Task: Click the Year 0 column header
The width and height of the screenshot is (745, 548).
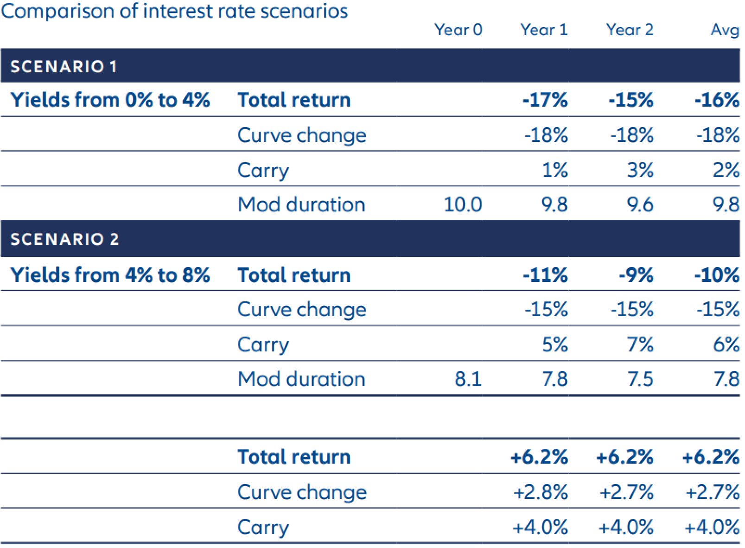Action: pyautogui.click(x=458, y=30)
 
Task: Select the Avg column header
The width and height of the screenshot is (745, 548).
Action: pyautogui.click(x=725, y=30)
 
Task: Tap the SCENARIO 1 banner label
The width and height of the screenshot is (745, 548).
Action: pyautogui.click(x=64, y=67)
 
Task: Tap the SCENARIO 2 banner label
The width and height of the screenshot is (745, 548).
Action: pyautogui.click(x=65, y=239)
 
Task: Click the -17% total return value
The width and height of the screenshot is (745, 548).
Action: pyautogui.click(x=545, y=100)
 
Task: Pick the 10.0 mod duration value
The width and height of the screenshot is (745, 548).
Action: pyautogui.click(x=463, y=204)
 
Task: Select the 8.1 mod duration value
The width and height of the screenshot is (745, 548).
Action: pyautogui.click(x=468, y=379)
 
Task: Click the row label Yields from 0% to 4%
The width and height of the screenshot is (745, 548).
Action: pyautogui.click(x=110, y=100)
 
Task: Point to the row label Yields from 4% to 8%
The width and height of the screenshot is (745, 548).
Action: pyautogui.click(x=110, y=275)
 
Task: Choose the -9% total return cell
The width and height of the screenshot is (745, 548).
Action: pyautogui.click(x=636, y=275)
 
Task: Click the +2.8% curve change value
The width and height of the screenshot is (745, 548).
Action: pyautogui.click(x=540, y=492)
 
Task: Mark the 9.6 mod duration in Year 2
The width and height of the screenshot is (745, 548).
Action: pyautogui.click(x=640, y=204)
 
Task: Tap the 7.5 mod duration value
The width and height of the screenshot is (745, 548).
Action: pyautogui.click(x=640, y=379)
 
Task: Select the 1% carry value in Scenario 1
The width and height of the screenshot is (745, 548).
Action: pyautogui.click(x=555, y=170)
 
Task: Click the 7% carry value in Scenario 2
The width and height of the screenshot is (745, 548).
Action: pyautogui.click(x=640, y=344)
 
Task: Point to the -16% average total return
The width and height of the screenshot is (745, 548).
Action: pyautogui.click(x=717, y=100)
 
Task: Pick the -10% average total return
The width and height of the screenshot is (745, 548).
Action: pyautogui.click(x=717, y=275)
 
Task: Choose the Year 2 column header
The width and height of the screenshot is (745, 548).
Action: pyautogui.click(x=630, y=30)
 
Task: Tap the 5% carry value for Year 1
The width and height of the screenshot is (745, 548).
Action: pyautogui.click(x=555, y=344)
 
